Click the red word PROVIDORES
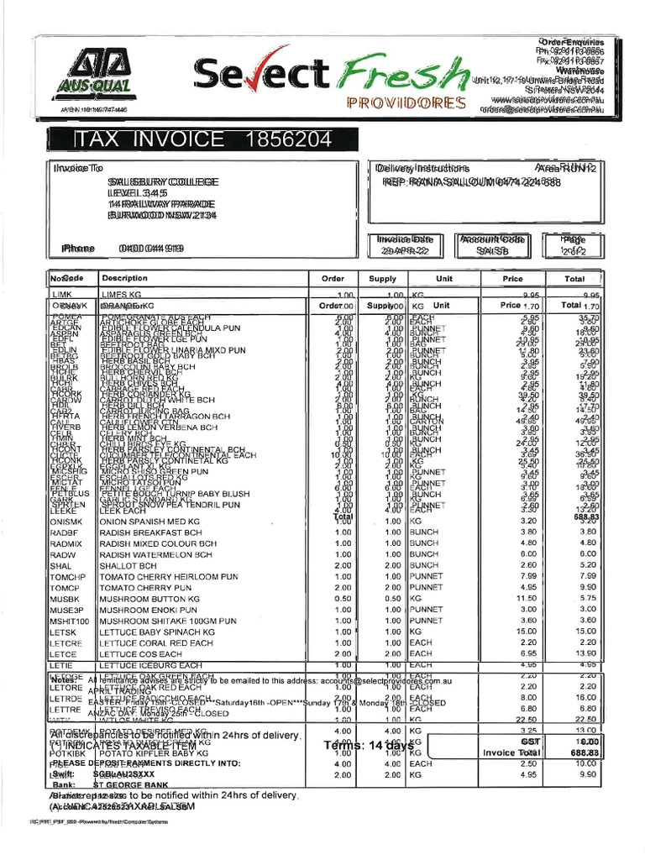tap(406, 103)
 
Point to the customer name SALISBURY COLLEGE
tap(163, 181)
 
